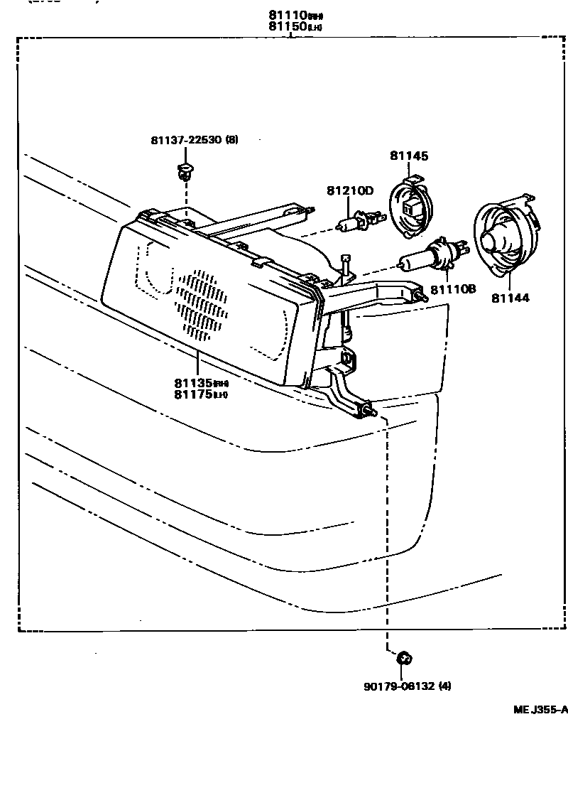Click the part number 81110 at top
coord(284,14)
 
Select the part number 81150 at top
coord(284,26)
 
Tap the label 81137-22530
coord(185,140)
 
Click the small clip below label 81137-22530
coord(185,170)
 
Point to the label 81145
coord(409,156)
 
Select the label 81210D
coord(350,190)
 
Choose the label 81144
coord(510,298)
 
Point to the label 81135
coord(193,382)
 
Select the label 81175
coord(193,394)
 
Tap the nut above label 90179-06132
coord(404,659)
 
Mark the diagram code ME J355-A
coord(540,709)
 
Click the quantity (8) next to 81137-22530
coord(231,140)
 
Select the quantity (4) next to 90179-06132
coord(444,686)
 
